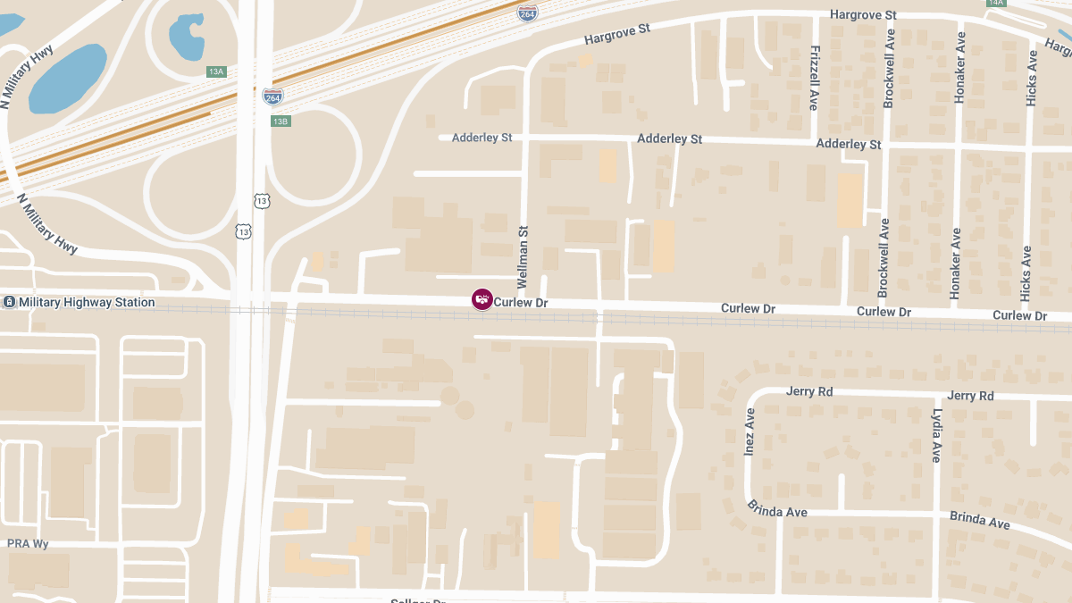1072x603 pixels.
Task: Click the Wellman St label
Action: (523, 255)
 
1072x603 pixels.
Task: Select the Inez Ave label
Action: (750, 432)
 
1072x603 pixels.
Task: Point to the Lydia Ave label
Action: (936, 435)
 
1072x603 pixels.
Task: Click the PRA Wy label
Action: (28, 543)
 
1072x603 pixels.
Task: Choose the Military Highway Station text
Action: (87, 303)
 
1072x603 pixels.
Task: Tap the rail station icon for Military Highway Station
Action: (8, 303)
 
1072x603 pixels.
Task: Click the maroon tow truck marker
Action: (482, 299)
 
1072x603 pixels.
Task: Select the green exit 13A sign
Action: (216, 71)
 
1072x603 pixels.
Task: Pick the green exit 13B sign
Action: (281, 121)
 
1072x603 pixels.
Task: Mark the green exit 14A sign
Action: (996, 4)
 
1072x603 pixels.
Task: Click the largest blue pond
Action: (67, 79)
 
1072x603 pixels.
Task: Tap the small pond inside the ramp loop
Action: (187, 36)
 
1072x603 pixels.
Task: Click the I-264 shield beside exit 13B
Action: (273, 96)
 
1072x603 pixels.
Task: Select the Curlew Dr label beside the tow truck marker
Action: (521, 304)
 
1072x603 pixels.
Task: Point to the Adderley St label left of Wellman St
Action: (482, 138)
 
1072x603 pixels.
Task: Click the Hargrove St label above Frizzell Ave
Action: (863, 15)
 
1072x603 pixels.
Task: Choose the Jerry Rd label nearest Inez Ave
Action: (809, 391)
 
